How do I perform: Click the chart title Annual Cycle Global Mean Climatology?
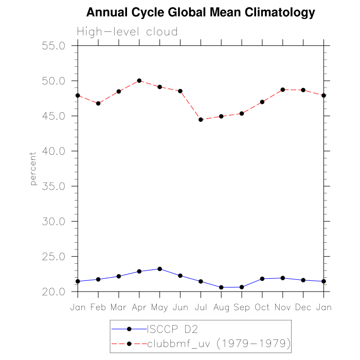[201, 12]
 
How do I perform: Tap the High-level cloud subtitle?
[127, 32]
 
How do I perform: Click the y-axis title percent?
[33, 169]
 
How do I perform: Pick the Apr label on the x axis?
[139, 308]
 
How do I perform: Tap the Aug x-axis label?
[221, 308]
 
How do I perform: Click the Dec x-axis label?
[303, 308]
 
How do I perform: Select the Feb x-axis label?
[98, 308]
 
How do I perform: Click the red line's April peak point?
[139, 81]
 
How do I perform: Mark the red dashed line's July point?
[201, 120]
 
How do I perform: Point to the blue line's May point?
[159, 269]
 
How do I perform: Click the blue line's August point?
[221, 287]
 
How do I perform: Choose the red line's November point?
[283, 89]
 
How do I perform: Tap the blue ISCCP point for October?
[262, 279]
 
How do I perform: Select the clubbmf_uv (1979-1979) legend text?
[219, 343]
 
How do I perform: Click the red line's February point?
[98, 103]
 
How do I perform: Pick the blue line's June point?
[180, 276]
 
